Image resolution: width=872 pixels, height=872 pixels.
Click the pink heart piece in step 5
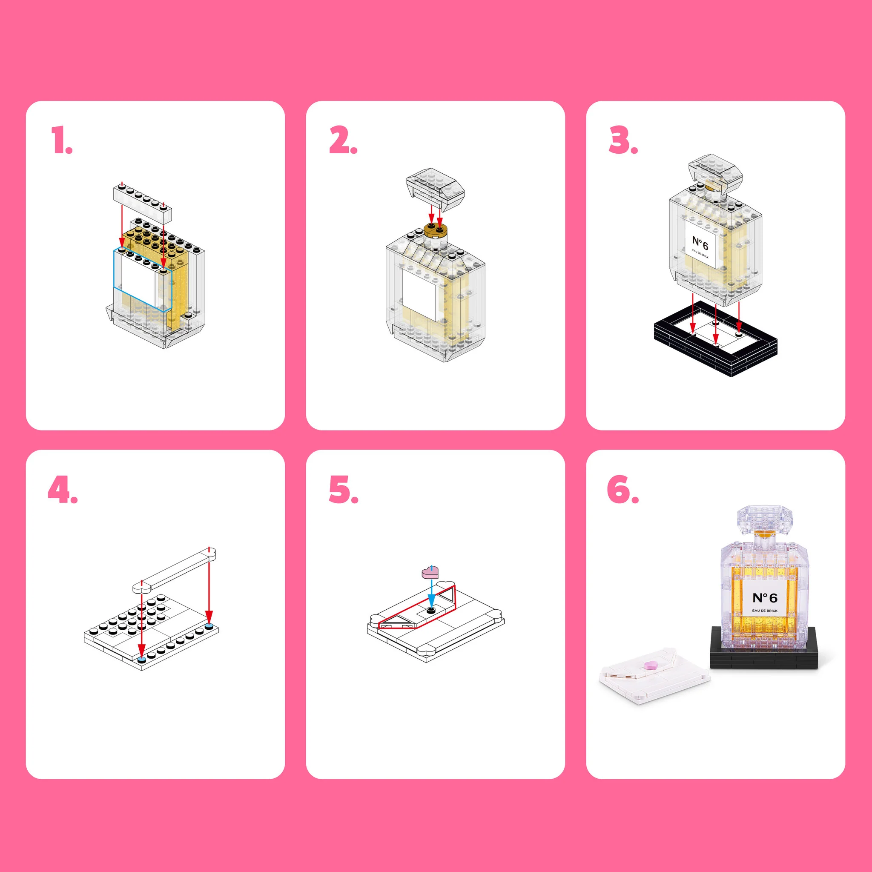point(430,573)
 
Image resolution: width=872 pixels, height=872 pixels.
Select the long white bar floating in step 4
point(174,570)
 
